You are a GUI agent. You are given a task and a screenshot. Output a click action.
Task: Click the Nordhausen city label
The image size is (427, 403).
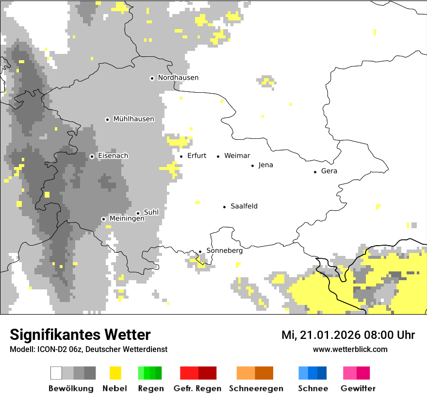pos(178,78)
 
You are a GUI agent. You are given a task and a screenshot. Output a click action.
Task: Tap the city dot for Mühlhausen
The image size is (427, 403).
pos(107,119)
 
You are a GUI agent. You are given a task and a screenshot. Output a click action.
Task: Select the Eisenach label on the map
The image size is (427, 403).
pos(113,156)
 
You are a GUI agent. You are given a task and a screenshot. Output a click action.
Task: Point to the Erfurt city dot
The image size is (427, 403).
pos(181,156)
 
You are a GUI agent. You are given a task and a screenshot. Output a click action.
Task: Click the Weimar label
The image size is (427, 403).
pos(237,156)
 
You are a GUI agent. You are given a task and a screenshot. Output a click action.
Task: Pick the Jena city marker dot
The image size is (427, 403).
pos(252,166)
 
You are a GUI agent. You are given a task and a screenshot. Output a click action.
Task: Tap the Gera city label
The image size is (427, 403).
pos(329,171)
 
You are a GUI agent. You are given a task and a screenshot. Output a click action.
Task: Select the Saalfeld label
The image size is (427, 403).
pos(244,206)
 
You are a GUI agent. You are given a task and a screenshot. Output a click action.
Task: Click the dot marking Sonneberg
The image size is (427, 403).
pos(200,252)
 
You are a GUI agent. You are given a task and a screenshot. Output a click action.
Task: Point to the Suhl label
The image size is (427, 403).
pos(151,212)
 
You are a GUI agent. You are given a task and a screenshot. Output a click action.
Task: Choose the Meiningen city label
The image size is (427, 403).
pos(127,218)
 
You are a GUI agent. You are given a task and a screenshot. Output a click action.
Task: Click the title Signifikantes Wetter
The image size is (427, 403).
pos(80,335)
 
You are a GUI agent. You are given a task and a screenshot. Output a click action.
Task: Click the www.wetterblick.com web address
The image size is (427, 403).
pos(350,349)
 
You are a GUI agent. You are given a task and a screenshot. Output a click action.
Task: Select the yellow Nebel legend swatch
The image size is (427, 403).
pos(115,373)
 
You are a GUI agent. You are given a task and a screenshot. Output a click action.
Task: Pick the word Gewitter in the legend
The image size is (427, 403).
pos(358,388)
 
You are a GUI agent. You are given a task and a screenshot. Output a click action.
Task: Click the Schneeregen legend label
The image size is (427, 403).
pos(256,388)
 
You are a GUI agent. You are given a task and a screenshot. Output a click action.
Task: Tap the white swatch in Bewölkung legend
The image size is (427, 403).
pos(56,373)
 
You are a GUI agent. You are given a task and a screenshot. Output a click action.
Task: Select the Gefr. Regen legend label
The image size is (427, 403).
pos(197,388)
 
